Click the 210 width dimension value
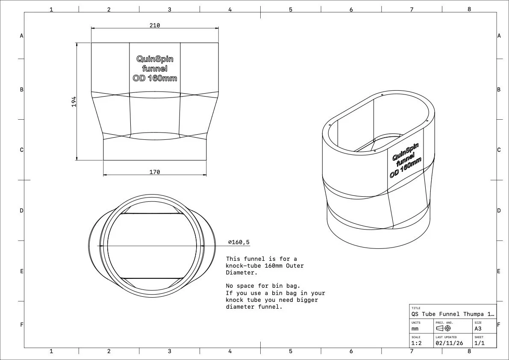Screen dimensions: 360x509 [155, 25]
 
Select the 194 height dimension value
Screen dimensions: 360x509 [74, 101]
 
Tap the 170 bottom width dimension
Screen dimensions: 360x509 [155, 172]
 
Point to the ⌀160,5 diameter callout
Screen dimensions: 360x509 [239, 242]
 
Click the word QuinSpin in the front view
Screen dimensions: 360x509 [155, 59]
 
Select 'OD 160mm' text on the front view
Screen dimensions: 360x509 [155, 78]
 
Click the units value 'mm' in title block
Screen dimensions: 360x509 [415, 329]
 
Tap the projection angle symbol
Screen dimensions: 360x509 [443, 328]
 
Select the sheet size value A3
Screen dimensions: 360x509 [478, 329]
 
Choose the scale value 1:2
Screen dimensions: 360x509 [416, 343]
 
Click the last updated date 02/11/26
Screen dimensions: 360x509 [449, 343]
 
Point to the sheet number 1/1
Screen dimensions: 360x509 [479, 343]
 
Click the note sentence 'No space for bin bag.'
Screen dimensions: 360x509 [260, 286]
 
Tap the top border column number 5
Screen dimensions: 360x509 [291, 9]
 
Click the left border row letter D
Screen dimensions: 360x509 [21, 211]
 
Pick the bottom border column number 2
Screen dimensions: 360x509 [109, 351]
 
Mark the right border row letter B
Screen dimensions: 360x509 [499, 90]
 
